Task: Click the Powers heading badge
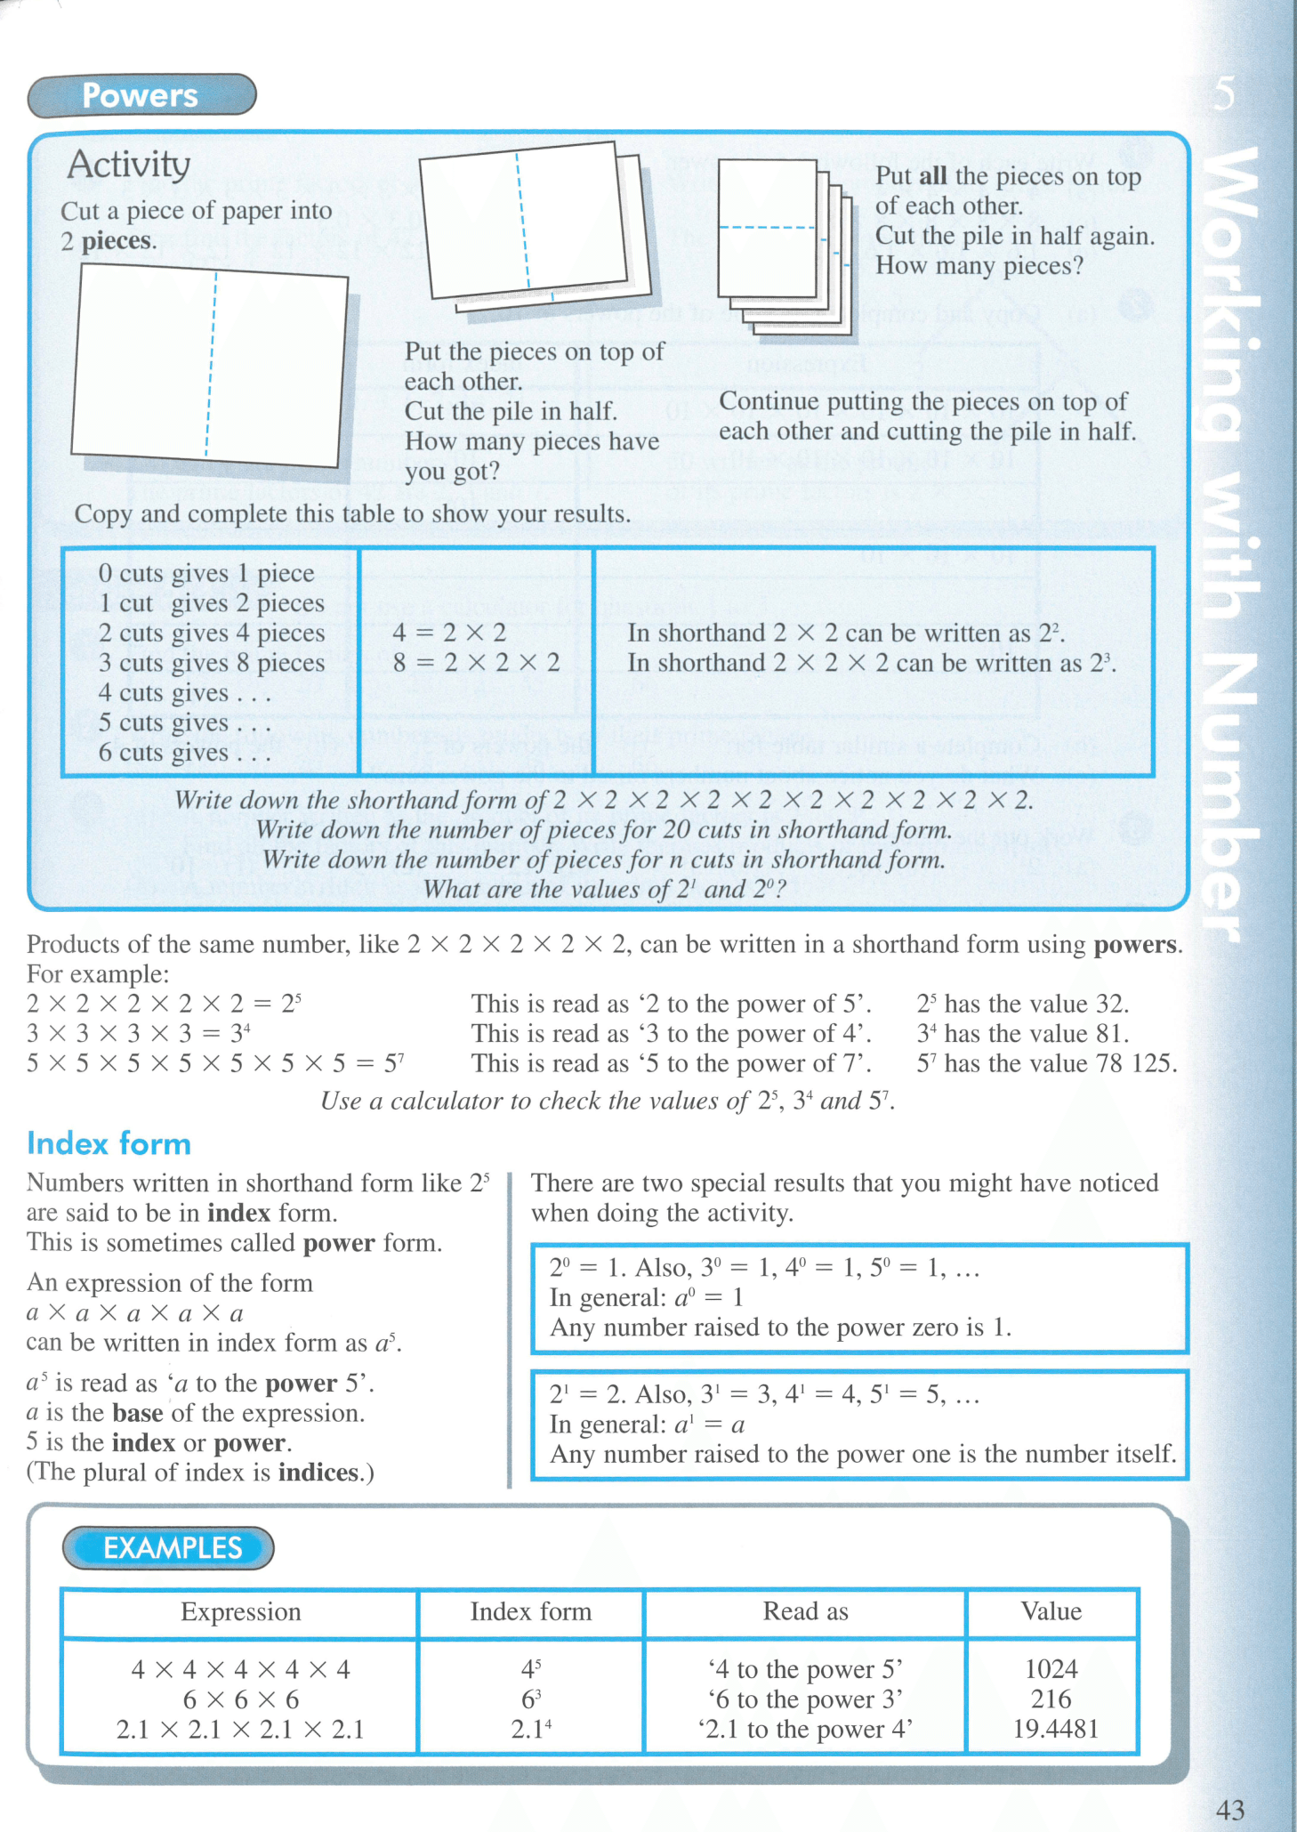coord(141,95)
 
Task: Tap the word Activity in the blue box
coord(129,165)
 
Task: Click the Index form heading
coord(109,1143)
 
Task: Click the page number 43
coord(1230,1810)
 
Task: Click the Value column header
coord(1051,1611)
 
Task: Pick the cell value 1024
coord(1051,1668)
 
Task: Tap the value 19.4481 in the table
coord(1055,1729)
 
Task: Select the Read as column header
coord(805,1611)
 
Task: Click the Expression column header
coord(240,1611)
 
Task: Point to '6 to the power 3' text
coord(805,1699)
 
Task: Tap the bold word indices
coord(318,1473)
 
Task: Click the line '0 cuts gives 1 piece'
coord(206,573)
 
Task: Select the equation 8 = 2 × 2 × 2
coord(477,663)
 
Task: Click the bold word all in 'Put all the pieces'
coord(932,176)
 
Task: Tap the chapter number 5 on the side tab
coord(1225,93)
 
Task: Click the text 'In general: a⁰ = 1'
coord(646,1298)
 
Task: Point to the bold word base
coord(138,1413)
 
